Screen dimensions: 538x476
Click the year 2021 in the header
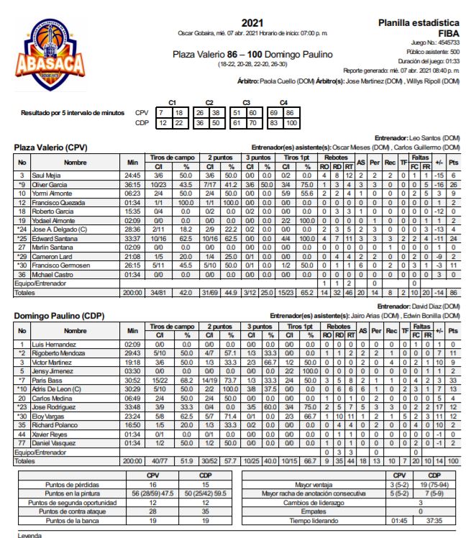click(x=252, y=23)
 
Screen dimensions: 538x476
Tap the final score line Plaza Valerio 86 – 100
click(x=252, y=55)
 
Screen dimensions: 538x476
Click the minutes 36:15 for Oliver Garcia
click(x=132, y=185)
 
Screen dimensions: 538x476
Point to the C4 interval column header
click(x=283, y=103)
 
